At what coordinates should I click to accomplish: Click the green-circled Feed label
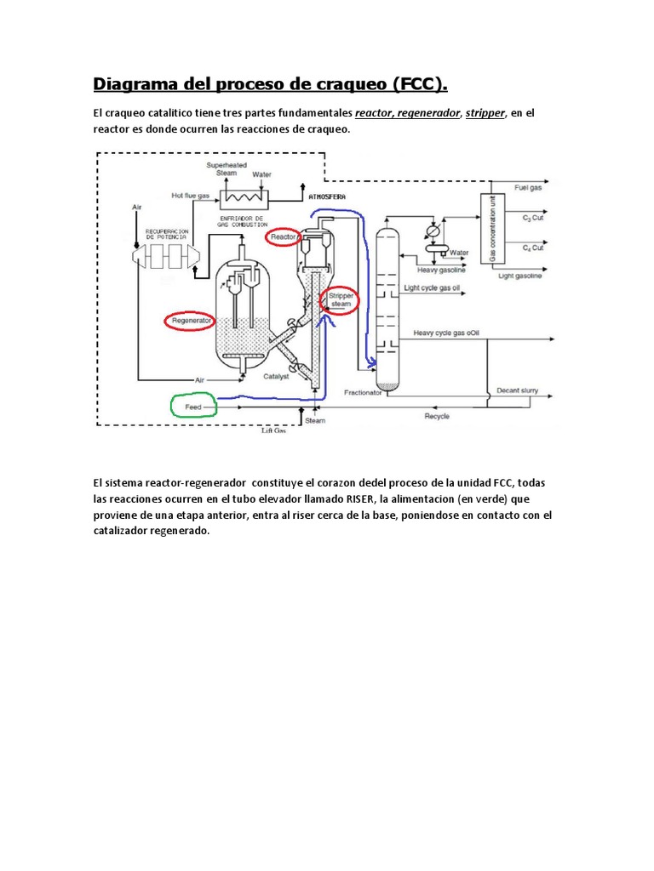(193, 407)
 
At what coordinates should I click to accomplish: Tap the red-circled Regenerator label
(191, 321)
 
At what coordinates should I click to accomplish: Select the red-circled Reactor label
(283, 235)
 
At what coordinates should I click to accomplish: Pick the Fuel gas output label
(528, 187)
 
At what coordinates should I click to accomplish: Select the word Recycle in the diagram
(437, 416)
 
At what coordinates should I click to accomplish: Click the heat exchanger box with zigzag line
(244, 198)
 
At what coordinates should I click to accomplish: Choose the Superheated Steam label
(226, 168)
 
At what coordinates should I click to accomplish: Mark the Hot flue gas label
(190, 195)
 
